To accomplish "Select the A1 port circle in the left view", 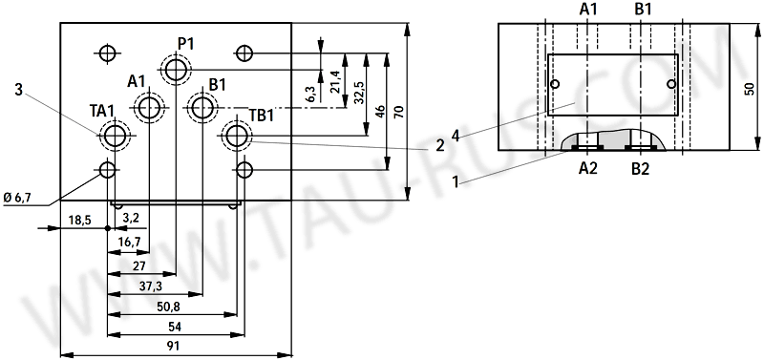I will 150,108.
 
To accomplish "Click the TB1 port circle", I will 236,137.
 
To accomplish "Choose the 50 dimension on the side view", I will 748,88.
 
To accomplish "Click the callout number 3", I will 18,90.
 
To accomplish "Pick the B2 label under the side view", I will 641,169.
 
